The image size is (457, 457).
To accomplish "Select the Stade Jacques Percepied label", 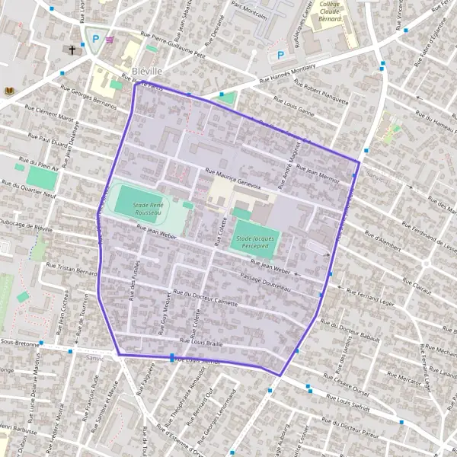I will pos(255,242).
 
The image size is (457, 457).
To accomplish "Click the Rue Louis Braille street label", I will pos(202,342).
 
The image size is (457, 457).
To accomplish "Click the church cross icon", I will pos(73,50).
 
